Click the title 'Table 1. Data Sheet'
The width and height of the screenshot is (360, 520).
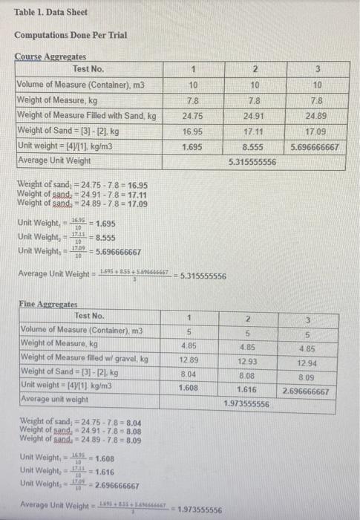pos(51,13)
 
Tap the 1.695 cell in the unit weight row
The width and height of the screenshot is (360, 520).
pos(193,147)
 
